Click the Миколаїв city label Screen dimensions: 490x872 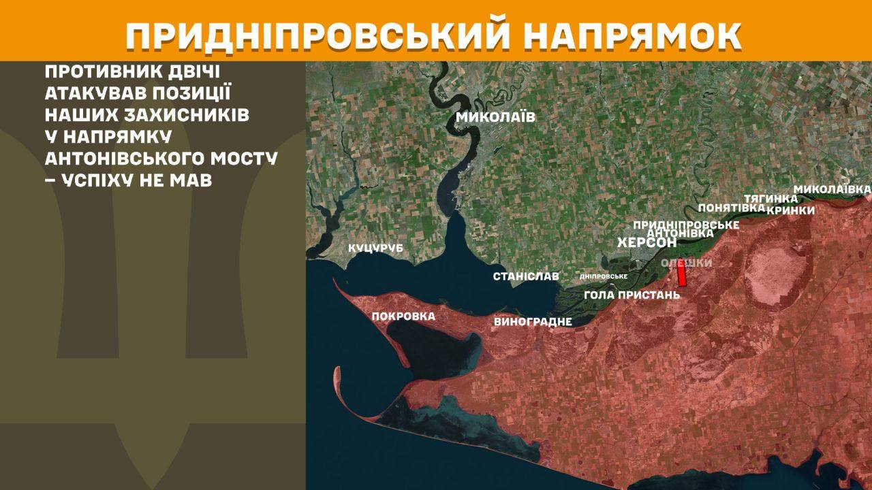pyautogui.click(x=495, y=118)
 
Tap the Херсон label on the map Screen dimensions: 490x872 pyautogui.click(x=647, y=243)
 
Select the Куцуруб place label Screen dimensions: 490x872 pyautogui.click(x=375, y=248)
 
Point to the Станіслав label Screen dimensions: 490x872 pyautogui.click(x=526, y=276)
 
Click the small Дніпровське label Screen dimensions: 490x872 pyautogui.click(x=603, y=276)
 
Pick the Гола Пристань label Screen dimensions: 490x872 pyautogui.click(x=632, y=295)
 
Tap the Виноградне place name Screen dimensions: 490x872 pyautogui.click(x=533, y=322)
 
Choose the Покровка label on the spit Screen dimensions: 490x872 pyautogui.click(x=403, y=316)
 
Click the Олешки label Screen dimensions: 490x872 pyautogui.click(x=687, y=263)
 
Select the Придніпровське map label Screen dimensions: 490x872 pyautogui.click(x=686, y=225)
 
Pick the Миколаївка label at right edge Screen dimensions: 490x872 pyautogui.click(x=832, y=188)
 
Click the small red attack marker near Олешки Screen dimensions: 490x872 pyautogui.click(x=681, y=274)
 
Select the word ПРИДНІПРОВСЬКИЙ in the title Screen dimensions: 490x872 pyautogui.click(x=317, y=36)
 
